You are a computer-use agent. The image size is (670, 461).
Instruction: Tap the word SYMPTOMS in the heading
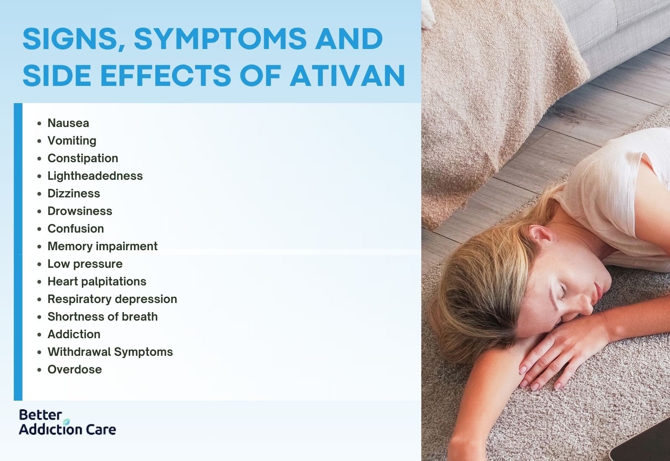tap(219, 39)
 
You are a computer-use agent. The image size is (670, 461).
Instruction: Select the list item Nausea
tap(68, 123)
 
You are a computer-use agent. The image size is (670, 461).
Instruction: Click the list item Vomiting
tap(72, 140)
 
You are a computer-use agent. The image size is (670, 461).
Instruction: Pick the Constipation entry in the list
tap(82, 158)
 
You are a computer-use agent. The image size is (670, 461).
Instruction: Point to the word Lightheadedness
tap(95, 176)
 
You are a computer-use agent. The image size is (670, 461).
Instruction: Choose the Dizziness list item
tap(74, 193)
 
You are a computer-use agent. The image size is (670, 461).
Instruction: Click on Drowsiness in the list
tap(80, 211)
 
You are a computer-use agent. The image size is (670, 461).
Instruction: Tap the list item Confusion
tap(75, 228)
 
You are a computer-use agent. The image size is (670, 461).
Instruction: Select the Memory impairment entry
tap(102, 246)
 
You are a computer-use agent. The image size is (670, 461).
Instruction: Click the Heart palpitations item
tap(97, 281)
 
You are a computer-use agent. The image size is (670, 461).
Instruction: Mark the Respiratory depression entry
tap(112, 299)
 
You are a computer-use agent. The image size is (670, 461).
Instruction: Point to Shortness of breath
tap(102, 316)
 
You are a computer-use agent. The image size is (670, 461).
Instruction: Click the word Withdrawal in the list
tap(79, 352)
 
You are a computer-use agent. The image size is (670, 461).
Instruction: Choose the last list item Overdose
tap(75, 369)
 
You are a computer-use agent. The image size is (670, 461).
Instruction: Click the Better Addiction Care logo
tap(67, 422)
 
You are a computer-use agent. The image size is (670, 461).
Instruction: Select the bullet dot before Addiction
tap(39, 334)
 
